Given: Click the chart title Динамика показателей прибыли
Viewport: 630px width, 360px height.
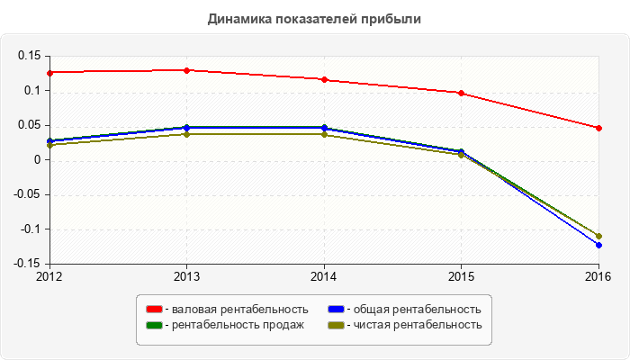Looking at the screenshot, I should [x=314, y=18].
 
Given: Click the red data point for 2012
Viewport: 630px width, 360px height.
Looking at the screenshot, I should [x=49, y=72].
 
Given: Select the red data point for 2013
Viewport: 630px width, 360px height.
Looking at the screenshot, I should [x=186, y=70].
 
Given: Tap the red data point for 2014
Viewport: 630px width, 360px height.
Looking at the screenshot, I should [x=324, y=79].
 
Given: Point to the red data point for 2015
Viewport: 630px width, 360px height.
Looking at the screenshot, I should [x=461, y=93].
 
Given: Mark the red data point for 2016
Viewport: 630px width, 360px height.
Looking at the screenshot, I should [x=598, y=128].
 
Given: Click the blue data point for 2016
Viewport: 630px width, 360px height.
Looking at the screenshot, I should [x=598, y=245].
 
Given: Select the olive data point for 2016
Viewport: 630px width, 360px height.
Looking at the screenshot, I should [x=598, y=236].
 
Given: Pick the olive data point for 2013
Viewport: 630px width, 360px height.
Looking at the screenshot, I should [x=186, y=134].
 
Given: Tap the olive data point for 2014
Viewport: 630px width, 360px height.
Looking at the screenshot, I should [x=324, y=134].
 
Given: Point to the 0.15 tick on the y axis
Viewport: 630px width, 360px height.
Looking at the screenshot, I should [x=29, y=56].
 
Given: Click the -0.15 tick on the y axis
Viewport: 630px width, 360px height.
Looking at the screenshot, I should [x=27, y=264].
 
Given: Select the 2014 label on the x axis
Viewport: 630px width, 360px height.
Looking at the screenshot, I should [x=324, y=276].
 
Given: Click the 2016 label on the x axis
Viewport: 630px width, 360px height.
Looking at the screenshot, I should [x=598, y=276].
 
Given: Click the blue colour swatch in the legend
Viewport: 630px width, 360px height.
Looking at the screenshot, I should [x=336, y=310].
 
